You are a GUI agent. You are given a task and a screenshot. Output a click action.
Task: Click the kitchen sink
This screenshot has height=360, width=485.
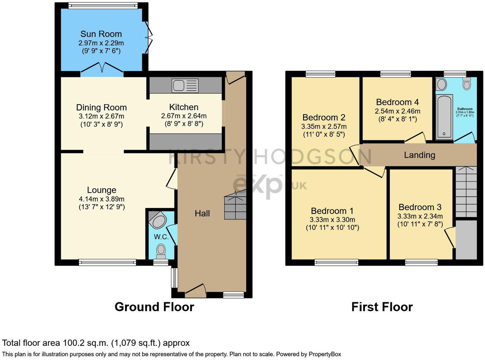coord(185,85)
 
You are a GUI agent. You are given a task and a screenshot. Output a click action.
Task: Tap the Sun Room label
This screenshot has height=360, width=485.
coord(101,34)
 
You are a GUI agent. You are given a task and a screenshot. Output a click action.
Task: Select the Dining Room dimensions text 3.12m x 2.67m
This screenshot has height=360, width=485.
coord(101,116)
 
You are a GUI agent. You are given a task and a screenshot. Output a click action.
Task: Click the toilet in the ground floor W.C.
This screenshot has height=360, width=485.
coord(161,251)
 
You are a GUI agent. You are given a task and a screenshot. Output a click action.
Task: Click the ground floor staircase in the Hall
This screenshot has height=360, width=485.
coord(235,207)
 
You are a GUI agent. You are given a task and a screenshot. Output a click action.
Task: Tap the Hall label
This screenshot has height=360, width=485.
coord(202,214)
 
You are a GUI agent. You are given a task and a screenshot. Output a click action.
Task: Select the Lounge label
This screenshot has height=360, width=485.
coord(102,190)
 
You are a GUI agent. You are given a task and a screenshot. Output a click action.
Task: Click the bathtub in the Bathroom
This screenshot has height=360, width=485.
coord(444,117)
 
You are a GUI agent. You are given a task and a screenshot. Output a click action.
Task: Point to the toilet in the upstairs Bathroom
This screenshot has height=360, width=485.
coord(467,83)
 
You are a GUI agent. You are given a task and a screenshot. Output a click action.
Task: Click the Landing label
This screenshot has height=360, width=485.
coord(419,155)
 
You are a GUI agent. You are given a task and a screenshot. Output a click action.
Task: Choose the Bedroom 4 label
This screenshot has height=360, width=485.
coord(397,102)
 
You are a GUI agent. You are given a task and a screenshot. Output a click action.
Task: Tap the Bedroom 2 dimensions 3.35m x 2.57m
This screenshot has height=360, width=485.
coord(324,127)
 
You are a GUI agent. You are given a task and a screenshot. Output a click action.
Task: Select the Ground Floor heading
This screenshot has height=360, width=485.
coord(154,307)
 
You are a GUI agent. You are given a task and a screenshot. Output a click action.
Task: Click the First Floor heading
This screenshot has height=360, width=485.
coord(382,307)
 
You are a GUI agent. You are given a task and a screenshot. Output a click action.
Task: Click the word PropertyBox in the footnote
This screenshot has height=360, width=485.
coord(325,354)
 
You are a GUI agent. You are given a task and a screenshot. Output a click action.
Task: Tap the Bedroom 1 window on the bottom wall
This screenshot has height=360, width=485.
coord(336,263)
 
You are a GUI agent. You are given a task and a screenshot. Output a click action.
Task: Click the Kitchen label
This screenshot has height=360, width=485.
coord(184,107)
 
